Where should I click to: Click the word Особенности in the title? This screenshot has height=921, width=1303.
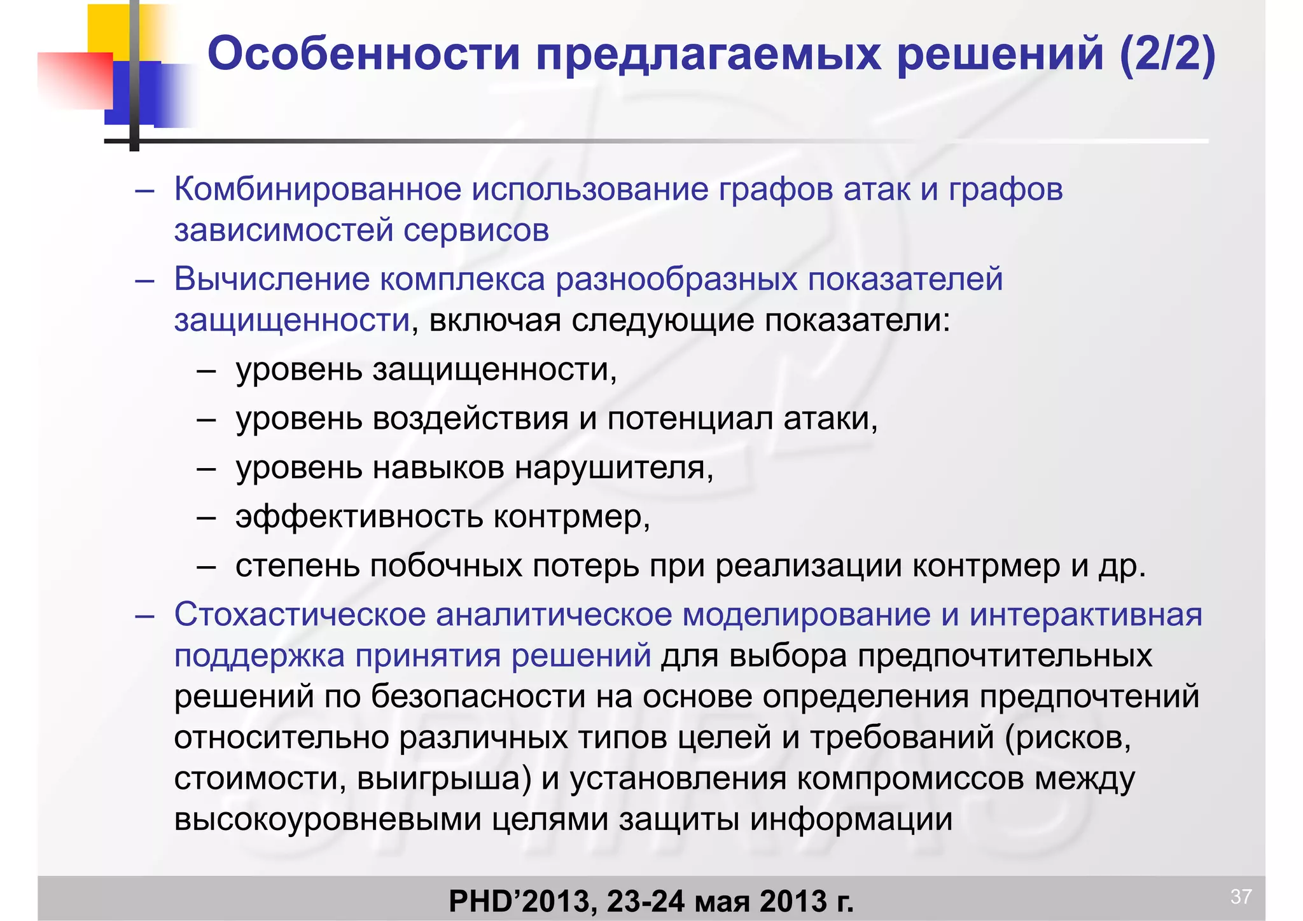[x=364, y=55]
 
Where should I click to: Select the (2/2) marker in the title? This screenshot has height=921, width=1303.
[x=1167, y=55]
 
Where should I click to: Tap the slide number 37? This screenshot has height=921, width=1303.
[x=1241, y=896]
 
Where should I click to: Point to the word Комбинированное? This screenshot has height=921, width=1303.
[x=317, y=190]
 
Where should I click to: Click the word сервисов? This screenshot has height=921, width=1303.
[x=476, y=230]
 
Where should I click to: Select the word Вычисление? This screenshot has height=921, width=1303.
[x=272, y=279]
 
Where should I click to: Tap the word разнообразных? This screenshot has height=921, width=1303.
[x=676, y=279]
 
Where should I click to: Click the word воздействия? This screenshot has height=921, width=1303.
[x=470, y=419]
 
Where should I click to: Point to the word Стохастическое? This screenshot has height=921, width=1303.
[x=299, y=615]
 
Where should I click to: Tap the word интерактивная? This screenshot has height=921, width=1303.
[x=1086, y=615]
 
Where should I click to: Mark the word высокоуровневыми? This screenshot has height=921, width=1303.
[x=328, y=819]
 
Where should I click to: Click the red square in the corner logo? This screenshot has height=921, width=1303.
[x=75, y=80]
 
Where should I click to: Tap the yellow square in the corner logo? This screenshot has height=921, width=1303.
[x=108, y=29]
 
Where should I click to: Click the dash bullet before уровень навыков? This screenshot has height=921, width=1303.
[x=206, y=469]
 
